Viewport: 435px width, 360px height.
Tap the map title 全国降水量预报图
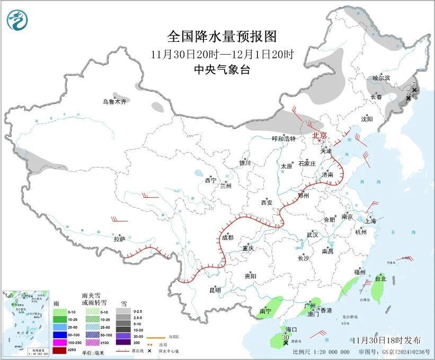[x=222, y=36]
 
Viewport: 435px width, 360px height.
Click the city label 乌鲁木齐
[x=115, y=101]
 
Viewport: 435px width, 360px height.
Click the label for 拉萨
[x=119, y=239]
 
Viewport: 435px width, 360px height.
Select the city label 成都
[x=228, y=238]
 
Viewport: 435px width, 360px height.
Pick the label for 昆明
[x=215, y=290]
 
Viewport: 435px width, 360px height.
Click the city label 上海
[x=370, y=221]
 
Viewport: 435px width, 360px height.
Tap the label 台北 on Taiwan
[x=380, y=278]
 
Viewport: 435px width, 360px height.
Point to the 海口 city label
[x=291, y=329]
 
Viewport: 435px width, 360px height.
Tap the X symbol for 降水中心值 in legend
[x=150, y=351]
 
